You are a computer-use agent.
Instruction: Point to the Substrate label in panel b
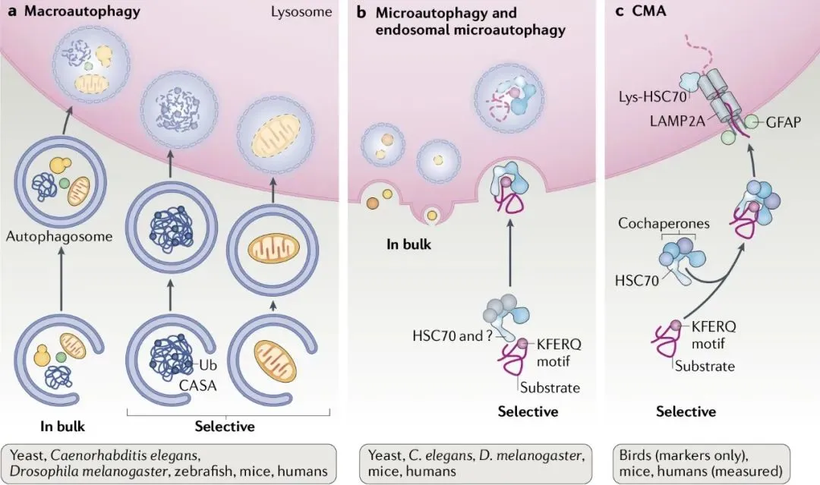tap(550, 387)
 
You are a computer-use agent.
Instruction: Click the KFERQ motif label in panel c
tap(714, 335)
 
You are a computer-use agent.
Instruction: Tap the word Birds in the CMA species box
tap(637, 455)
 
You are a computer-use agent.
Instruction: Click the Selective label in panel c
tap(686, 411)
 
